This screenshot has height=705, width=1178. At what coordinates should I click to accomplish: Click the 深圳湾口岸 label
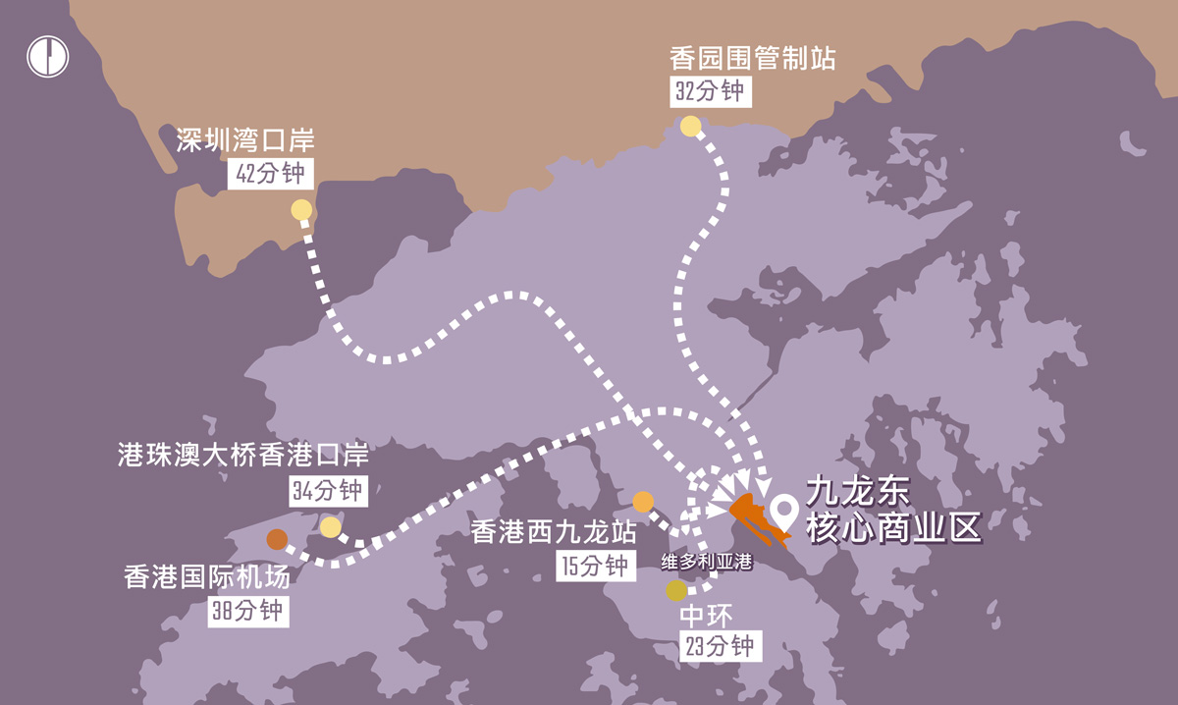pyautogui.click(x=245, y=141)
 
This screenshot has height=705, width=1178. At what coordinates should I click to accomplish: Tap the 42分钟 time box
pyautogui.click(x=272, y=174)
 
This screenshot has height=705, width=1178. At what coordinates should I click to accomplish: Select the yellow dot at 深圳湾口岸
pyautogui.click(x=301, y=210)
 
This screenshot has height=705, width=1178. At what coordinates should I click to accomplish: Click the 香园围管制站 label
pyautogui.click(x=752, y=58)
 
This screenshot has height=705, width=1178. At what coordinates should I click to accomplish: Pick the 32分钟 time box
pyautogui.click(x=710, y=91)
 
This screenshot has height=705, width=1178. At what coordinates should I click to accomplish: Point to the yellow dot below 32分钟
pyautogui.click(x=690, y=126)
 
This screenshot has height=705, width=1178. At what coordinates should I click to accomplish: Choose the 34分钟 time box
pyautogui.click(x=328, y=490)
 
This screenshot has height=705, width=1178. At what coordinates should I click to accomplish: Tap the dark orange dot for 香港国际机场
pyautogui.click(x=277, y=539)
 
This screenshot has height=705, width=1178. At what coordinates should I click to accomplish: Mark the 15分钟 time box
pyautogui.click(x=592, y=567)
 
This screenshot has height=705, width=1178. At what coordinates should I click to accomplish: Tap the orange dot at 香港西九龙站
pyautogui.click(x=643, y=502)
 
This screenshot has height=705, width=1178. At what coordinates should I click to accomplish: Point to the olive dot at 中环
pyautogui.click(x=676, y=590)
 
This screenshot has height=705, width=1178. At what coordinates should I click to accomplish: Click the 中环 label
pyautogui.click(x=706, y=616)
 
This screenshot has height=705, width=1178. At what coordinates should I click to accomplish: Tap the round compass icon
pyautogui.click(x=47, y=56)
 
